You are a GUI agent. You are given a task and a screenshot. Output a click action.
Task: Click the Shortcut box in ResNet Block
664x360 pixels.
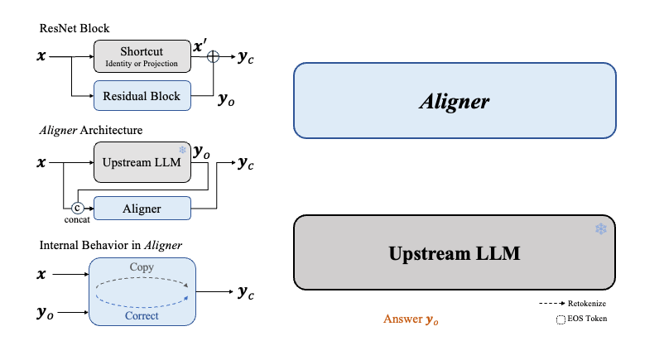142,55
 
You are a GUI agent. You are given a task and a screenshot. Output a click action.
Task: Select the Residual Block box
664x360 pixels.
142,96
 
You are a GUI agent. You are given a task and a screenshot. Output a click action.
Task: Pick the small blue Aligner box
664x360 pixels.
142,209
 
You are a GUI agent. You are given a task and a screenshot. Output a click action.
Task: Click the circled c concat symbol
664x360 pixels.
78,209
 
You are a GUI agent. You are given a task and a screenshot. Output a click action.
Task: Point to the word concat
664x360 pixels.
77,221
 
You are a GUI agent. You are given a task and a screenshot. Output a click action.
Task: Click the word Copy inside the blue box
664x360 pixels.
142,268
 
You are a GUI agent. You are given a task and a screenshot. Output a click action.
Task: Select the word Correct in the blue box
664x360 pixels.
142,315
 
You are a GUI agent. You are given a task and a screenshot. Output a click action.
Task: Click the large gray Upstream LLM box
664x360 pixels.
455,252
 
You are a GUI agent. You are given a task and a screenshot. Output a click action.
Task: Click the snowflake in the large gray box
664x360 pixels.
600,228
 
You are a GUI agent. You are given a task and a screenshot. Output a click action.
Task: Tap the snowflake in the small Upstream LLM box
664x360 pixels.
181,149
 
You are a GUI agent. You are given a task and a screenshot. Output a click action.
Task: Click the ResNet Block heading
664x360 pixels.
74,28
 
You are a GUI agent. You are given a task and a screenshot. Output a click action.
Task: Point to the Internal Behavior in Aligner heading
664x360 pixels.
111,245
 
